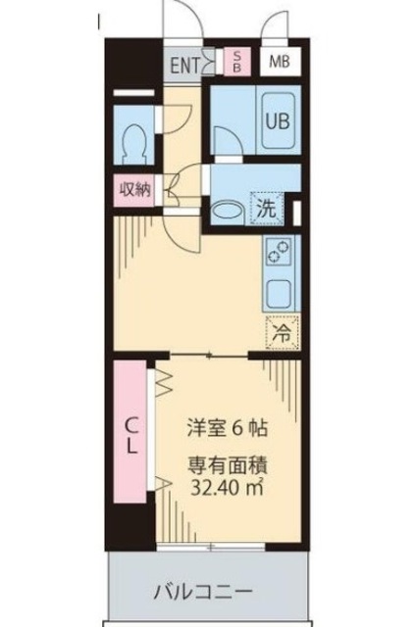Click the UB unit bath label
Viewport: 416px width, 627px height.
pyautogui.click(x=277, y=122)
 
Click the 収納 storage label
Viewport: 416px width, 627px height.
pyautogui.click(x=136, y=190)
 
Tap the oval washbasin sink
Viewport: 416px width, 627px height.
pyautogui.click(x=231, y=208)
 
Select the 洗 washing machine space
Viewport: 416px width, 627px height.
pyautogui.click(x=266, y=207)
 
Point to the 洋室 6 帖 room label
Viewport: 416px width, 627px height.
pyautogui.click(x=230, y=428)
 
